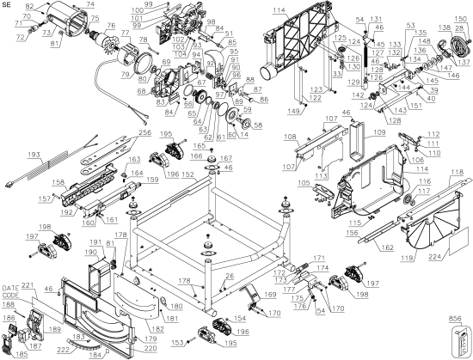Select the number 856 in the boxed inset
click(x=460, y=317)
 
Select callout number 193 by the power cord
click(x=34, y=155)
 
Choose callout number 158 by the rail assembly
click(x=57, y=182)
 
